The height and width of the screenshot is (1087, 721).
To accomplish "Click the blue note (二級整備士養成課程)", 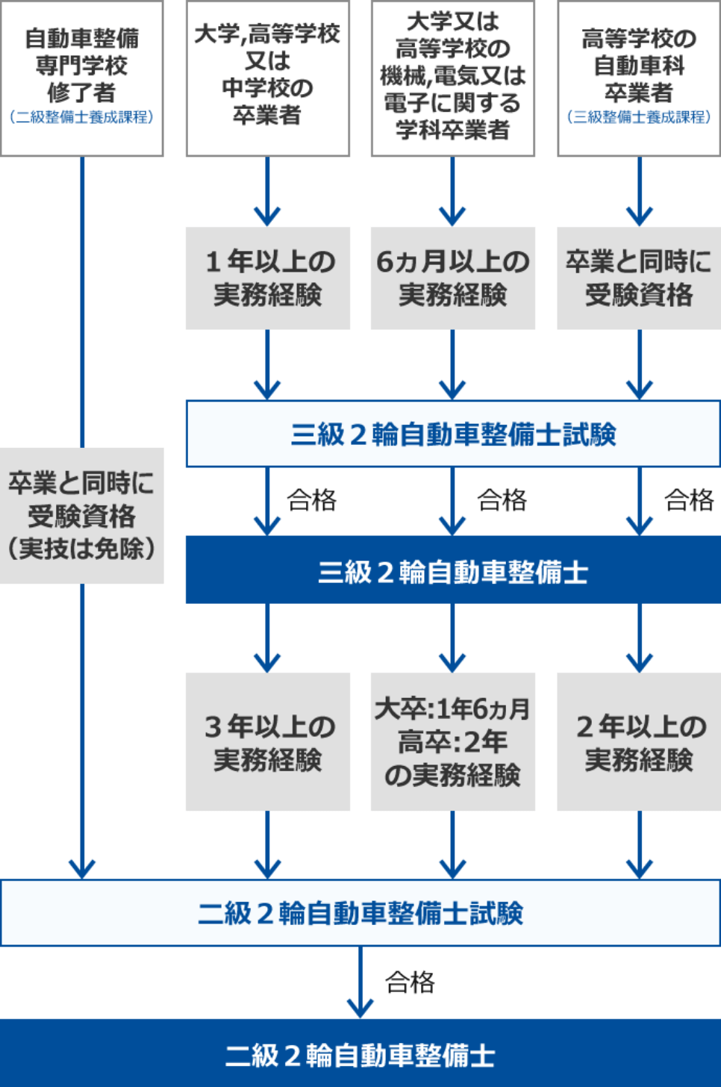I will coord(82,117).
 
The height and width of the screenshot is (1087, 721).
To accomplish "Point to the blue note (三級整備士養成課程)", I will coord(639,117).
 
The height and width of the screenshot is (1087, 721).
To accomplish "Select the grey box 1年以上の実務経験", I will coord(267,278).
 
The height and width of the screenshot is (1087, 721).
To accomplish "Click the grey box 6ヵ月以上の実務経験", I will coord(452,278).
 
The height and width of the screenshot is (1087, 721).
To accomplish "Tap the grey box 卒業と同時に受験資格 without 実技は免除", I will coord(639,278).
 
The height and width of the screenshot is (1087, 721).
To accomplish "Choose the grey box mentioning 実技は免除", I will coord(82,515).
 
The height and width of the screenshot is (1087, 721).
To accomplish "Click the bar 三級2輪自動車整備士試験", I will coord(452,434).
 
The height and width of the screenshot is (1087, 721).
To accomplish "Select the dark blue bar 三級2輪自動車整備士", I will coord(452,571).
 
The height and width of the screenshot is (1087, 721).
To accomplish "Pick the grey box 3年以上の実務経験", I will coord(267,742).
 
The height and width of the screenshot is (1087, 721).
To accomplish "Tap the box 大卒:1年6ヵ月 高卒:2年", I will coord(452,742).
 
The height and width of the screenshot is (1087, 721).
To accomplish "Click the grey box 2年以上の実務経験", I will coord(639,742).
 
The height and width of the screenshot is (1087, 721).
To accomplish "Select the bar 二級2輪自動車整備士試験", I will coord(360,913).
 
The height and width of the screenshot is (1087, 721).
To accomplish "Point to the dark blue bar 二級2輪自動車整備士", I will coord(360,1054).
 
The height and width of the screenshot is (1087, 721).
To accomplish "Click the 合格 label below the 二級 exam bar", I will coord(410,982).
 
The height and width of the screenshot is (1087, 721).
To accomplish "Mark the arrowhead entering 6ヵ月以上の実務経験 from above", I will coord(452,217).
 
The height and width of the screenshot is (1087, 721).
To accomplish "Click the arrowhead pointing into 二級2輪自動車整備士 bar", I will coord(360,1009).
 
